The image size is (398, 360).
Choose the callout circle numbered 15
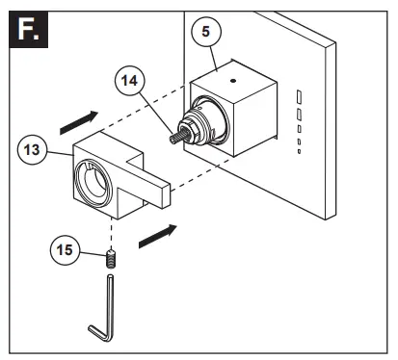pos(64,250)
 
